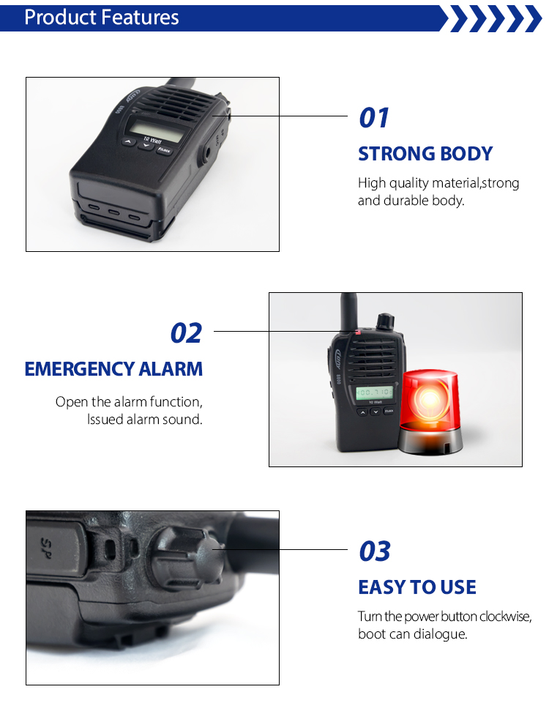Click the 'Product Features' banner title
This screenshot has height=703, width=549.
(x=102, y=18)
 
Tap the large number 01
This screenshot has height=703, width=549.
(x=374, y=118)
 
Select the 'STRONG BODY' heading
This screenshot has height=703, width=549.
(x=425, y=154)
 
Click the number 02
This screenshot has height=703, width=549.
(x=186, y=333)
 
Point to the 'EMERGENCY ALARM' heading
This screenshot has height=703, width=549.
(x=113, y=368)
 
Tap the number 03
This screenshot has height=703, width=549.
(x=375, y=551)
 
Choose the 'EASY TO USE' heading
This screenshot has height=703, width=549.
(x=417, y=587)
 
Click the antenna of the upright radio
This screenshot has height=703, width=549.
(x=348, y=311)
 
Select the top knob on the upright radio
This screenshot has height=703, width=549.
(x=384, y=321)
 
